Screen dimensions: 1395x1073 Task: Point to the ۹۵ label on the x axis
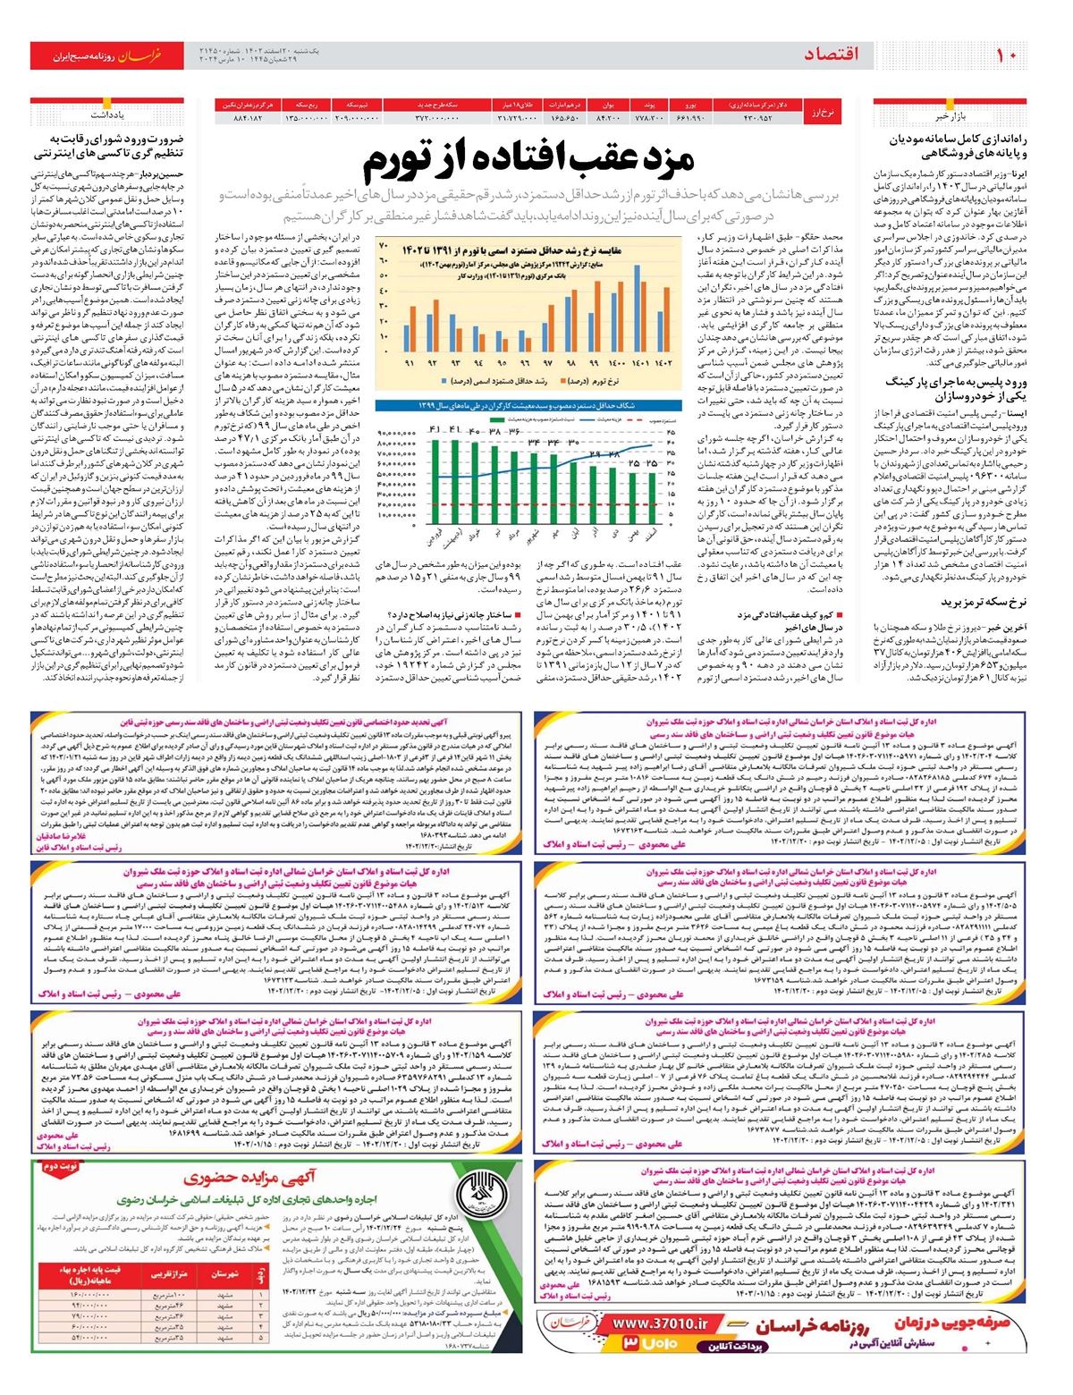pos(502,363)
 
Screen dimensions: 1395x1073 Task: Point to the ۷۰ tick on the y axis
pos(384,245)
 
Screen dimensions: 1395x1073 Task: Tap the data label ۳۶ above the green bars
pos(514,432)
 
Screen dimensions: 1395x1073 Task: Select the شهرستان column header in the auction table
pos(220,1273)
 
